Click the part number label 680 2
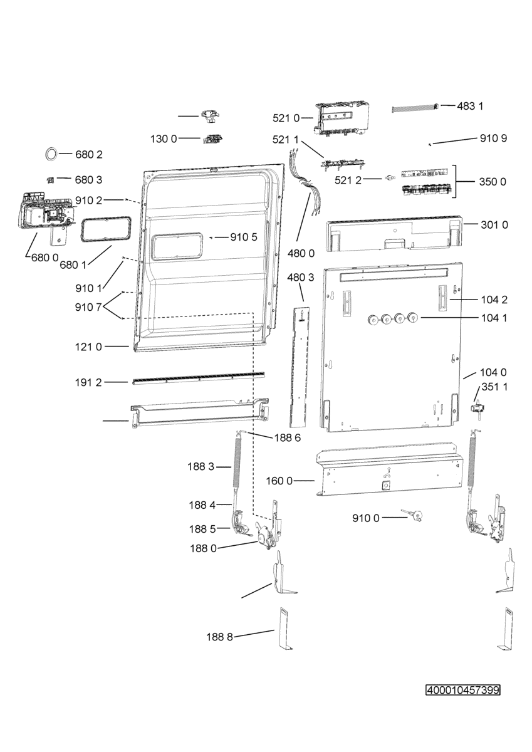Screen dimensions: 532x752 [88, 155]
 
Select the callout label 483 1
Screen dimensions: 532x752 [470, 107]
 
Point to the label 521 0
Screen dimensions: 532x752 [286, 118]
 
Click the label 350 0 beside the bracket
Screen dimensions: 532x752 [493, 182]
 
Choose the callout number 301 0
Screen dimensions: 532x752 [494, 225]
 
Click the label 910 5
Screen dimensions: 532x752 [244, 238]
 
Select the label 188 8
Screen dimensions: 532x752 [219, 637]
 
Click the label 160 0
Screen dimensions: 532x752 [279, 481]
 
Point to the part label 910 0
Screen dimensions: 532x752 [365, 518]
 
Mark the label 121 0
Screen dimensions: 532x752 [88, 347]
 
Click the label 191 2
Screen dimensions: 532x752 [88, 382]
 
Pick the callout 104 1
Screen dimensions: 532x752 [494, 318]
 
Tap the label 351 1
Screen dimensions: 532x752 [495, 387]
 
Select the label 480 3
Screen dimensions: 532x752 [301, 277]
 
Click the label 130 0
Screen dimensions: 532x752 [164, 138]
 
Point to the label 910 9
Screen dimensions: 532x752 [493, 138]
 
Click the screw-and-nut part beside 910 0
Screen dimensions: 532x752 [412, 514]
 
